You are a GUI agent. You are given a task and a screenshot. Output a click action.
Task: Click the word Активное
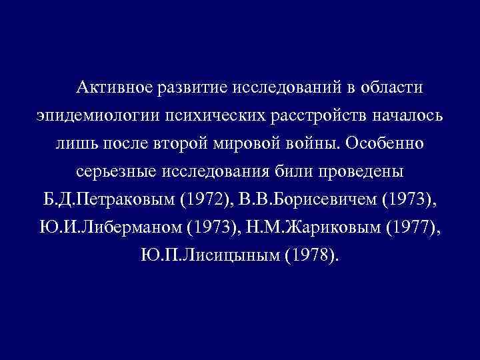click(x=115, y=87)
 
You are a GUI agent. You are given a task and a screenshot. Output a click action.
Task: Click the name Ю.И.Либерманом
click(x=110, y=228)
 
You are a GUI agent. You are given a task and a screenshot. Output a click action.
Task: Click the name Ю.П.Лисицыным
click(x=209, y=256)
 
